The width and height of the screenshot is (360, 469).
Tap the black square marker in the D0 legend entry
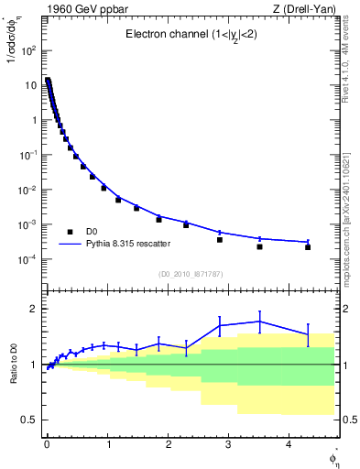click(70, 232)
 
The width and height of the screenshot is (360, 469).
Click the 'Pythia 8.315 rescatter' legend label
click(132, 245)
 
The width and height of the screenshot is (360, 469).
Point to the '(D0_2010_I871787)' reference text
click(191, 274)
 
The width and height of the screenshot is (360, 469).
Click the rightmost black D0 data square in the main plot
click(308, 247)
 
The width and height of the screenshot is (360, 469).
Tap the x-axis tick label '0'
click(47, 444)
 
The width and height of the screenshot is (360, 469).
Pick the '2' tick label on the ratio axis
click(33, 309)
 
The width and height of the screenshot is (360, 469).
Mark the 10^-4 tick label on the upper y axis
click(27, 259)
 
